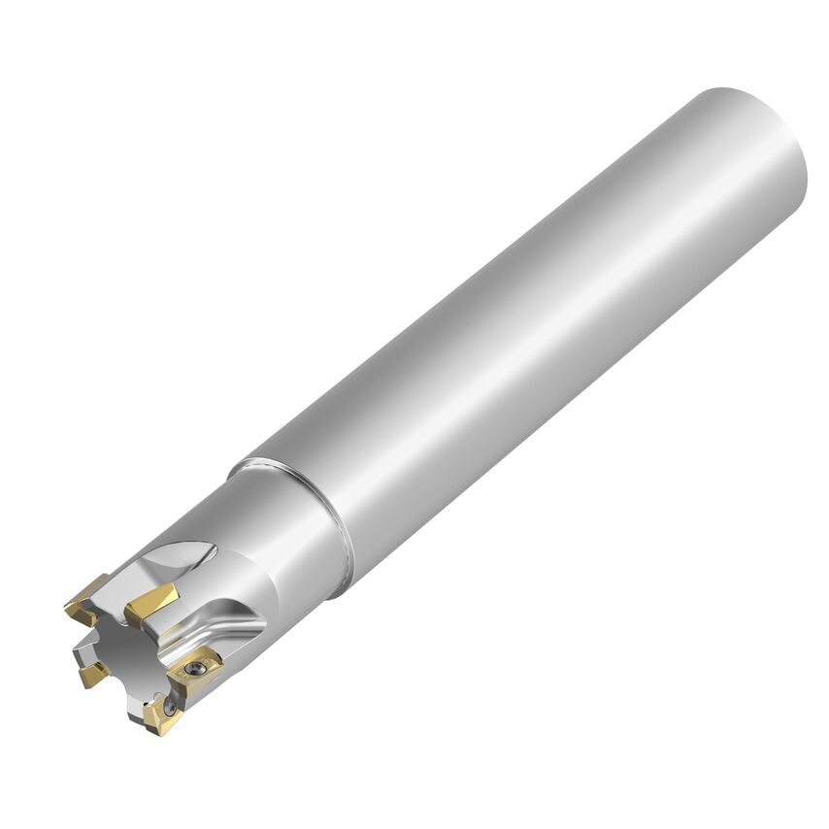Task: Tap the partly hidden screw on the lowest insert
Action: coord(170,709)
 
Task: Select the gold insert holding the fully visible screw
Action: coord(195,670)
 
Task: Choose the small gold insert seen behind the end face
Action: coord(93,674)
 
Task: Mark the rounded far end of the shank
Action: coord(767,146)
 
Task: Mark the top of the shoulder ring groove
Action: coord(243,463)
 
